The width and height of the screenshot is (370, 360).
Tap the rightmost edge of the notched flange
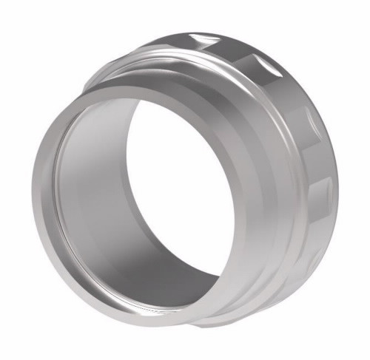(337, 177)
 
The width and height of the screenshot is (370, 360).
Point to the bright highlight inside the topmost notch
(206, 35)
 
